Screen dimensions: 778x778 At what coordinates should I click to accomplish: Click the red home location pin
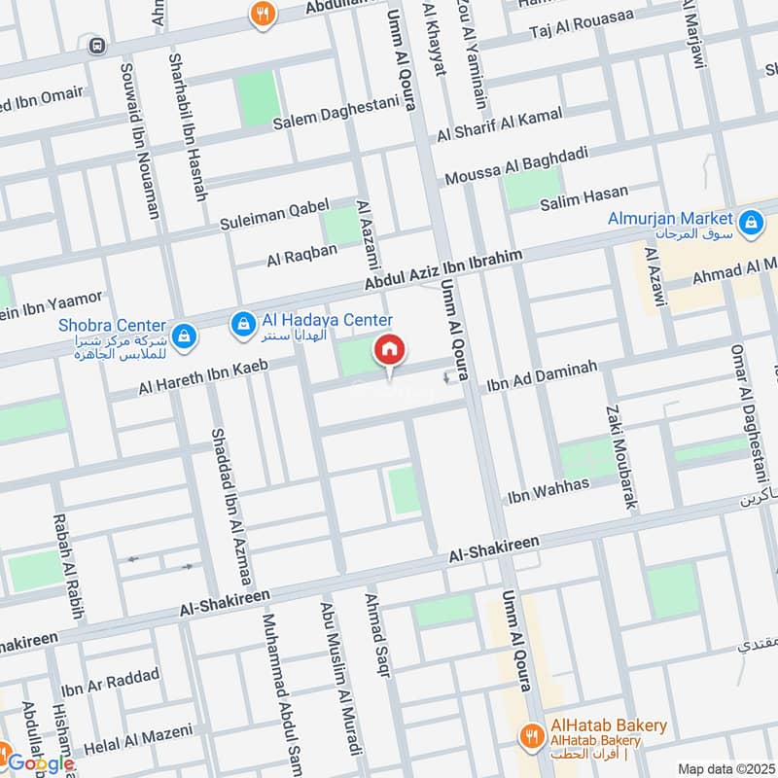pos(389,350)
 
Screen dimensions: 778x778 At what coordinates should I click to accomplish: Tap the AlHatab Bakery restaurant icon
pos(531,734)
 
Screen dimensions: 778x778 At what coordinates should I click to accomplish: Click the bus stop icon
pos(96,45)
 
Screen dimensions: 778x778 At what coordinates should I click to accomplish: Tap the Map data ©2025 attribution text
pos(725,768)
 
